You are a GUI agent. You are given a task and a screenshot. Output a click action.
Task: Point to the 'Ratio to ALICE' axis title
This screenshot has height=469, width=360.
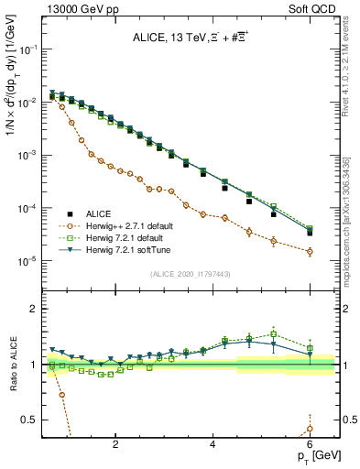(12, 365)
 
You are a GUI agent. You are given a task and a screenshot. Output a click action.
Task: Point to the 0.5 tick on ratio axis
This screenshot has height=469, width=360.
(29, 420)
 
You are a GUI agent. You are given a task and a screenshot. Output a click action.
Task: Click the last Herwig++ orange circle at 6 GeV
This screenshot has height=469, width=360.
(310, 252)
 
